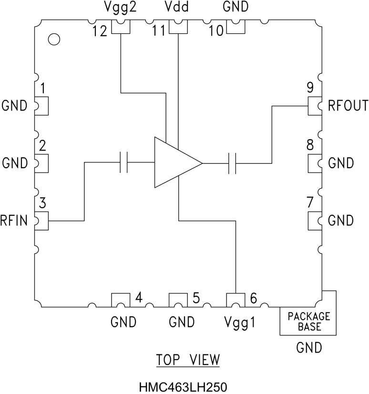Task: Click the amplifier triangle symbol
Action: pyautogui.click(x=174, y=163)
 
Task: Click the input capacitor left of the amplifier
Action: pyautogui.click(x=124, y=163)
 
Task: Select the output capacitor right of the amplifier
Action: pyautogui.click(x=233, y=163)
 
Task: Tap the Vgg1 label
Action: pyautogui.click(x=239, y=323)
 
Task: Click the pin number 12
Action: pyautogui.click(x=100, y=31)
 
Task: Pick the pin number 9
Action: pyautogui.click(x=310, y=88)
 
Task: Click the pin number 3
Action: pyautogui.click(x=43, y=204)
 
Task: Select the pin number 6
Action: pyautogui.click(x=253, y=298)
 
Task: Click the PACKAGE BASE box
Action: pyautogui.click(x=308, y=322)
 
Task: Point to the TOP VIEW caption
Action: pyautogui.click(x=188, y=360)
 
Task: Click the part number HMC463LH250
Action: pyautogui.click(x=184, y=385)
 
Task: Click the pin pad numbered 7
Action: pyautogui.click(x=315, y=221)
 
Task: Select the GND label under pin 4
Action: pyautogui.click(x=123, y=323)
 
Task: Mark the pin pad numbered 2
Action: pyautogui.click(x=41, y=163)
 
